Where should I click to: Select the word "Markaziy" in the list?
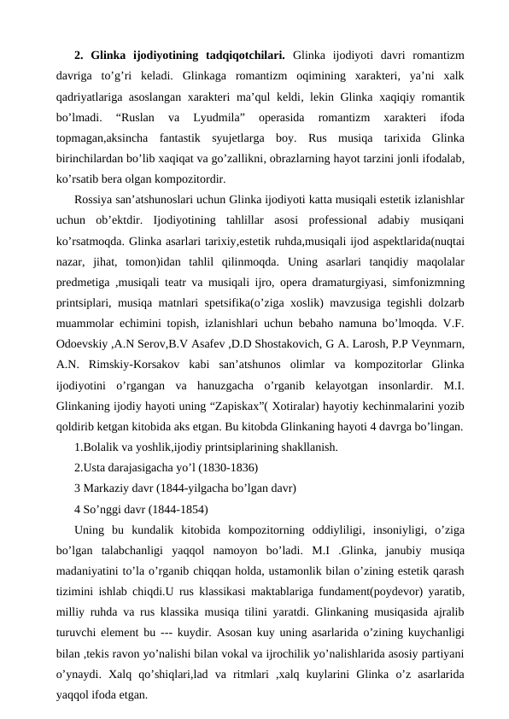pyautogui.click(x=111, y=488)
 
